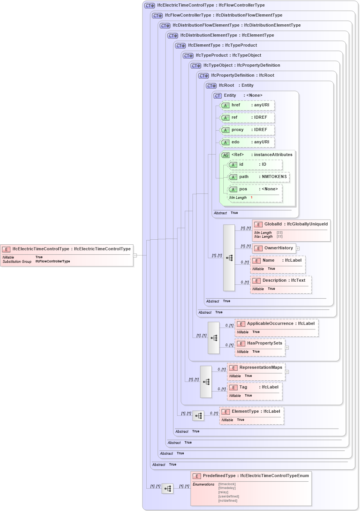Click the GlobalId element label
[x=273, y=224]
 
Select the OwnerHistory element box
[x=274, y=248]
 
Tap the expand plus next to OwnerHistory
[x=298, y=249]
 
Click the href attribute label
[x=236, y=105]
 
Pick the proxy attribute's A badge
[x=226, y=130]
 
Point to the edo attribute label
[x=235, y=142]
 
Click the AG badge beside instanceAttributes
[x=226, y=155]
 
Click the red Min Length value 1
[x=251, y=198]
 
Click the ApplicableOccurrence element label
[x=270, y=324]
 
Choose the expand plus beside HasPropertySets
[x=287, y=348]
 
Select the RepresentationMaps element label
[x=261, y=368]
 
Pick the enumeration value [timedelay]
[x=227, y=488]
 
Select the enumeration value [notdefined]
[x=228, y=501]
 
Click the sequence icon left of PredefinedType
[x=167, y=489]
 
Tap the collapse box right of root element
[x=135, y=255]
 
